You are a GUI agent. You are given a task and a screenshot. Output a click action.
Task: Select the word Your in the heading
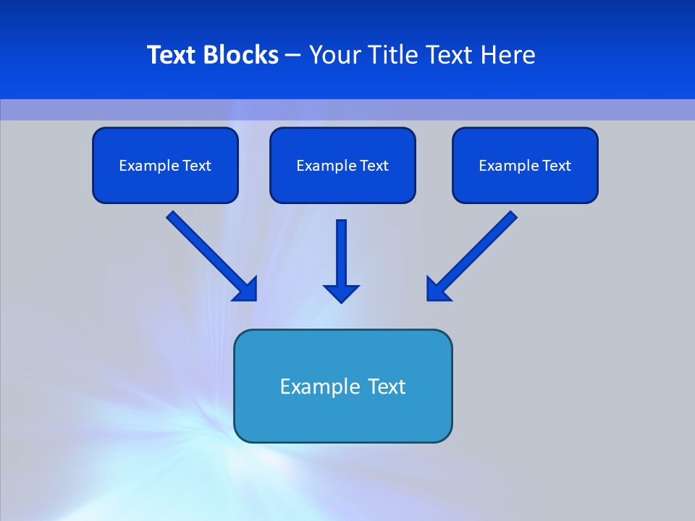[x=335, y=55]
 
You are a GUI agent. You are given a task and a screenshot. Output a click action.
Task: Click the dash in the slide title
[x=293, y=55]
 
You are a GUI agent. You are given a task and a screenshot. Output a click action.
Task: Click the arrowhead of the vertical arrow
[x=342, y=293]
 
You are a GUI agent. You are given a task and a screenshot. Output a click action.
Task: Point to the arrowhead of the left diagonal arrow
[x=246, y=289]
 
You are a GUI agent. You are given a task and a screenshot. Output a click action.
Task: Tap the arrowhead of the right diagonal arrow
[x=437, y=289]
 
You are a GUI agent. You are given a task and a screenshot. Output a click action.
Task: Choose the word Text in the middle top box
[x=374, y=166]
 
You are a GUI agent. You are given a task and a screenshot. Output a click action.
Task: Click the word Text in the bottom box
[x=387, y=386]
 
